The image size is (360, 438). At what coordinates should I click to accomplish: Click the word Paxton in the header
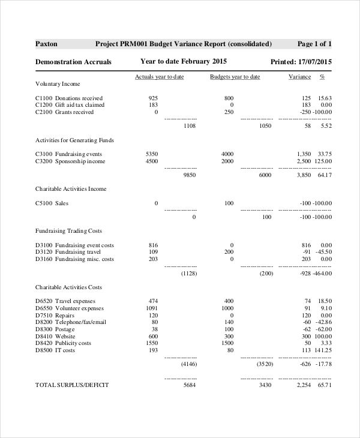point(47,44)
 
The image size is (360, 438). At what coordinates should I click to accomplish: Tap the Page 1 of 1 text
point(314,44)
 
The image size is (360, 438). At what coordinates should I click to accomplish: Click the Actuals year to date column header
point(159,77)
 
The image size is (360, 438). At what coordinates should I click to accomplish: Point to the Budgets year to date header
point(235,77)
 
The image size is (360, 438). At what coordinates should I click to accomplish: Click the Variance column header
point(300,77)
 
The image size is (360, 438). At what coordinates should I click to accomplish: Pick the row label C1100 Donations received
point(69,98)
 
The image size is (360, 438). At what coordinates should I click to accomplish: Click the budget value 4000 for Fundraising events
point(227,154)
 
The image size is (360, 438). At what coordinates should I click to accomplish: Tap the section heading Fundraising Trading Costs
point(68,230)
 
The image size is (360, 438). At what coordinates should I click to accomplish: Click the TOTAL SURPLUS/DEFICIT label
point(72,385)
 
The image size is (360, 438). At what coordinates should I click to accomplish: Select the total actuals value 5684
point(189,385)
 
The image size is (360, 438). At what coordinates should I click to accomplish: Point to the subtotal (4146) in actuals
point(188,364)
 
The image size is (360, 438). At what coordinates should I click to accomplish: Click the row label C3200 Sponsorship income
point(70,161)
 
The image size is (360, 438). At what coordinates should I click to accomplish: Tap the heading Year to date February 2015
point(184,61)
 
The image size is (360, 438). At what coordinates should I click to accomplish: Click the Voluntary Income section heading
point(58,84)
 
